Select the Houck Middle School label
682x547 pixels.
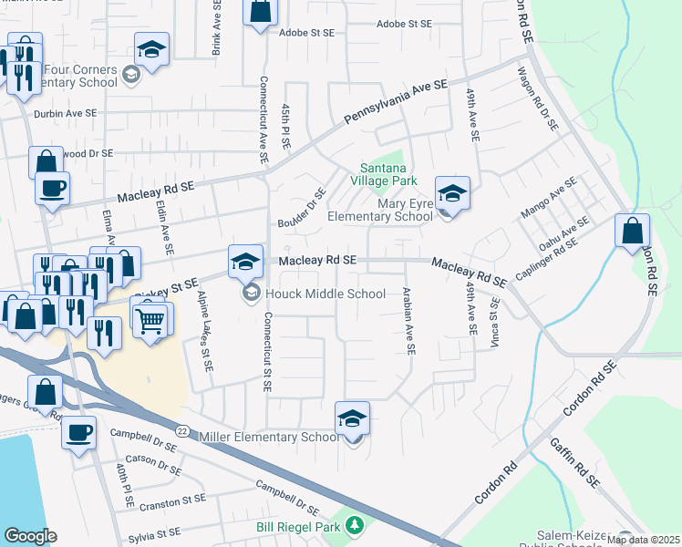tap(326, 294)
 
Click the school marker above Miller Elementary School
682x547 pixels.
tap(353, 418)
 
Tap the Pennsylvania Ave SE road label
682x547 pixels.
tap(397, 101)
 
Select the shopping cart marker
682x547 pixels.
tap(150, 318)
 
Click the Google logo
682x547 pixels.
tap(30, 536)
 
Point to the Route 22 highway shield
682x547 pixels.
tap(182, 429)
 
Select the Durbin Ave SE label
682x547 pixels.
tap(64, 114)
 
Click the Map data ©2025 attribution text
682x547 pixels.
tap(644, 540)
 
